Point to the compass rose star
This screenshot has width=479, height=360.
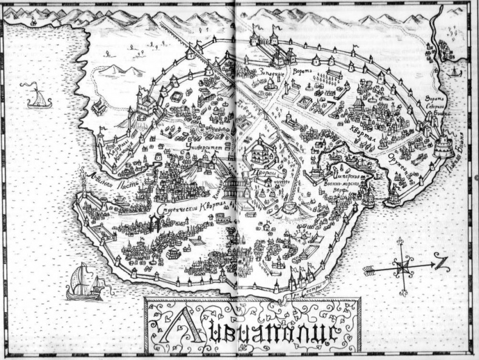403,265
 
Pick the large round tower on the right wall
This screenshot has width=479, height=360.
443,145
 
